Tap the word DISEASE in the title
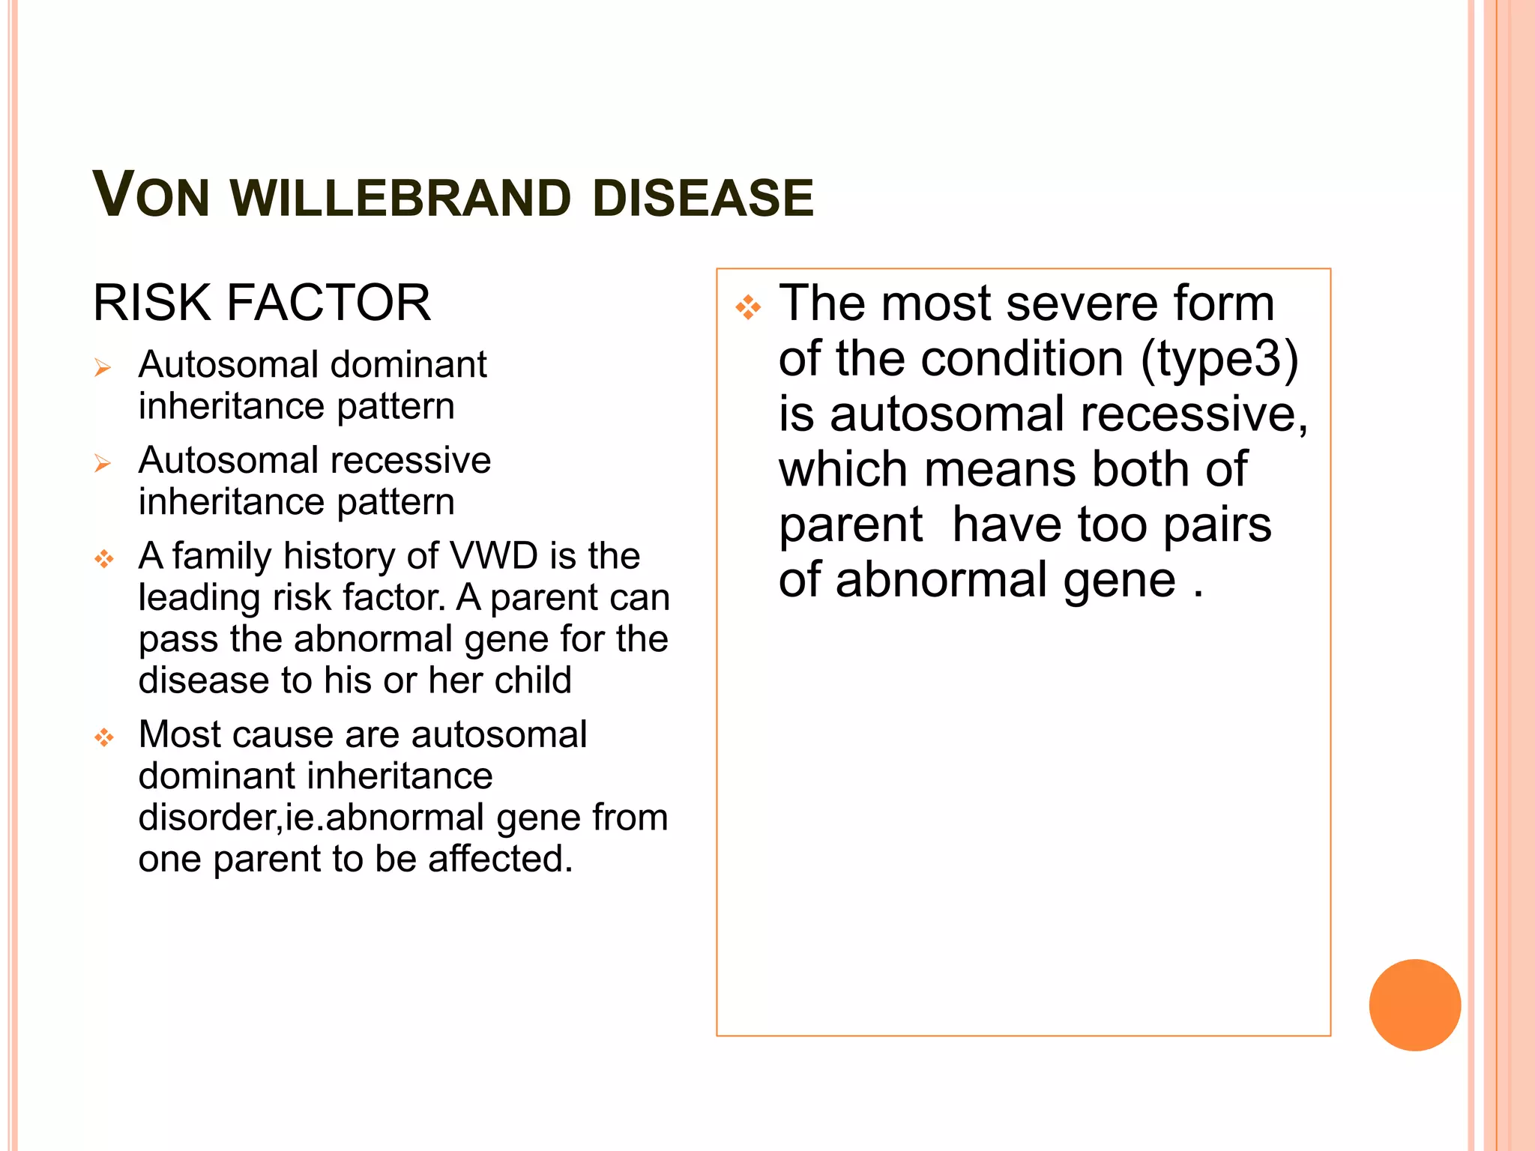pos(702,199)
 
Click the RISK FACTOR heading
pos(262,303)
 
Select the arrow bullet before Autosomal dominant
pos(103,367)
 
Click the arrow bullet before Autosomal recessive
pos(103,463)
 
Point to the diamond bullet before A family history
pos(104,559)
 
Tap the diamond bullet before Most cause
pos(104,738)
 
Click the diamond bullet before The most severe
pos(748,307)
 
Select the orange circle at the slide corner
pos(1414,1005)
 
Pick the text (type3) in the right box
pos(1219,359)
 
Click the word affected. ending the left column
pos(500,859)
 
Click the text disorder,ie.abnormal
pos(311,818)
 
